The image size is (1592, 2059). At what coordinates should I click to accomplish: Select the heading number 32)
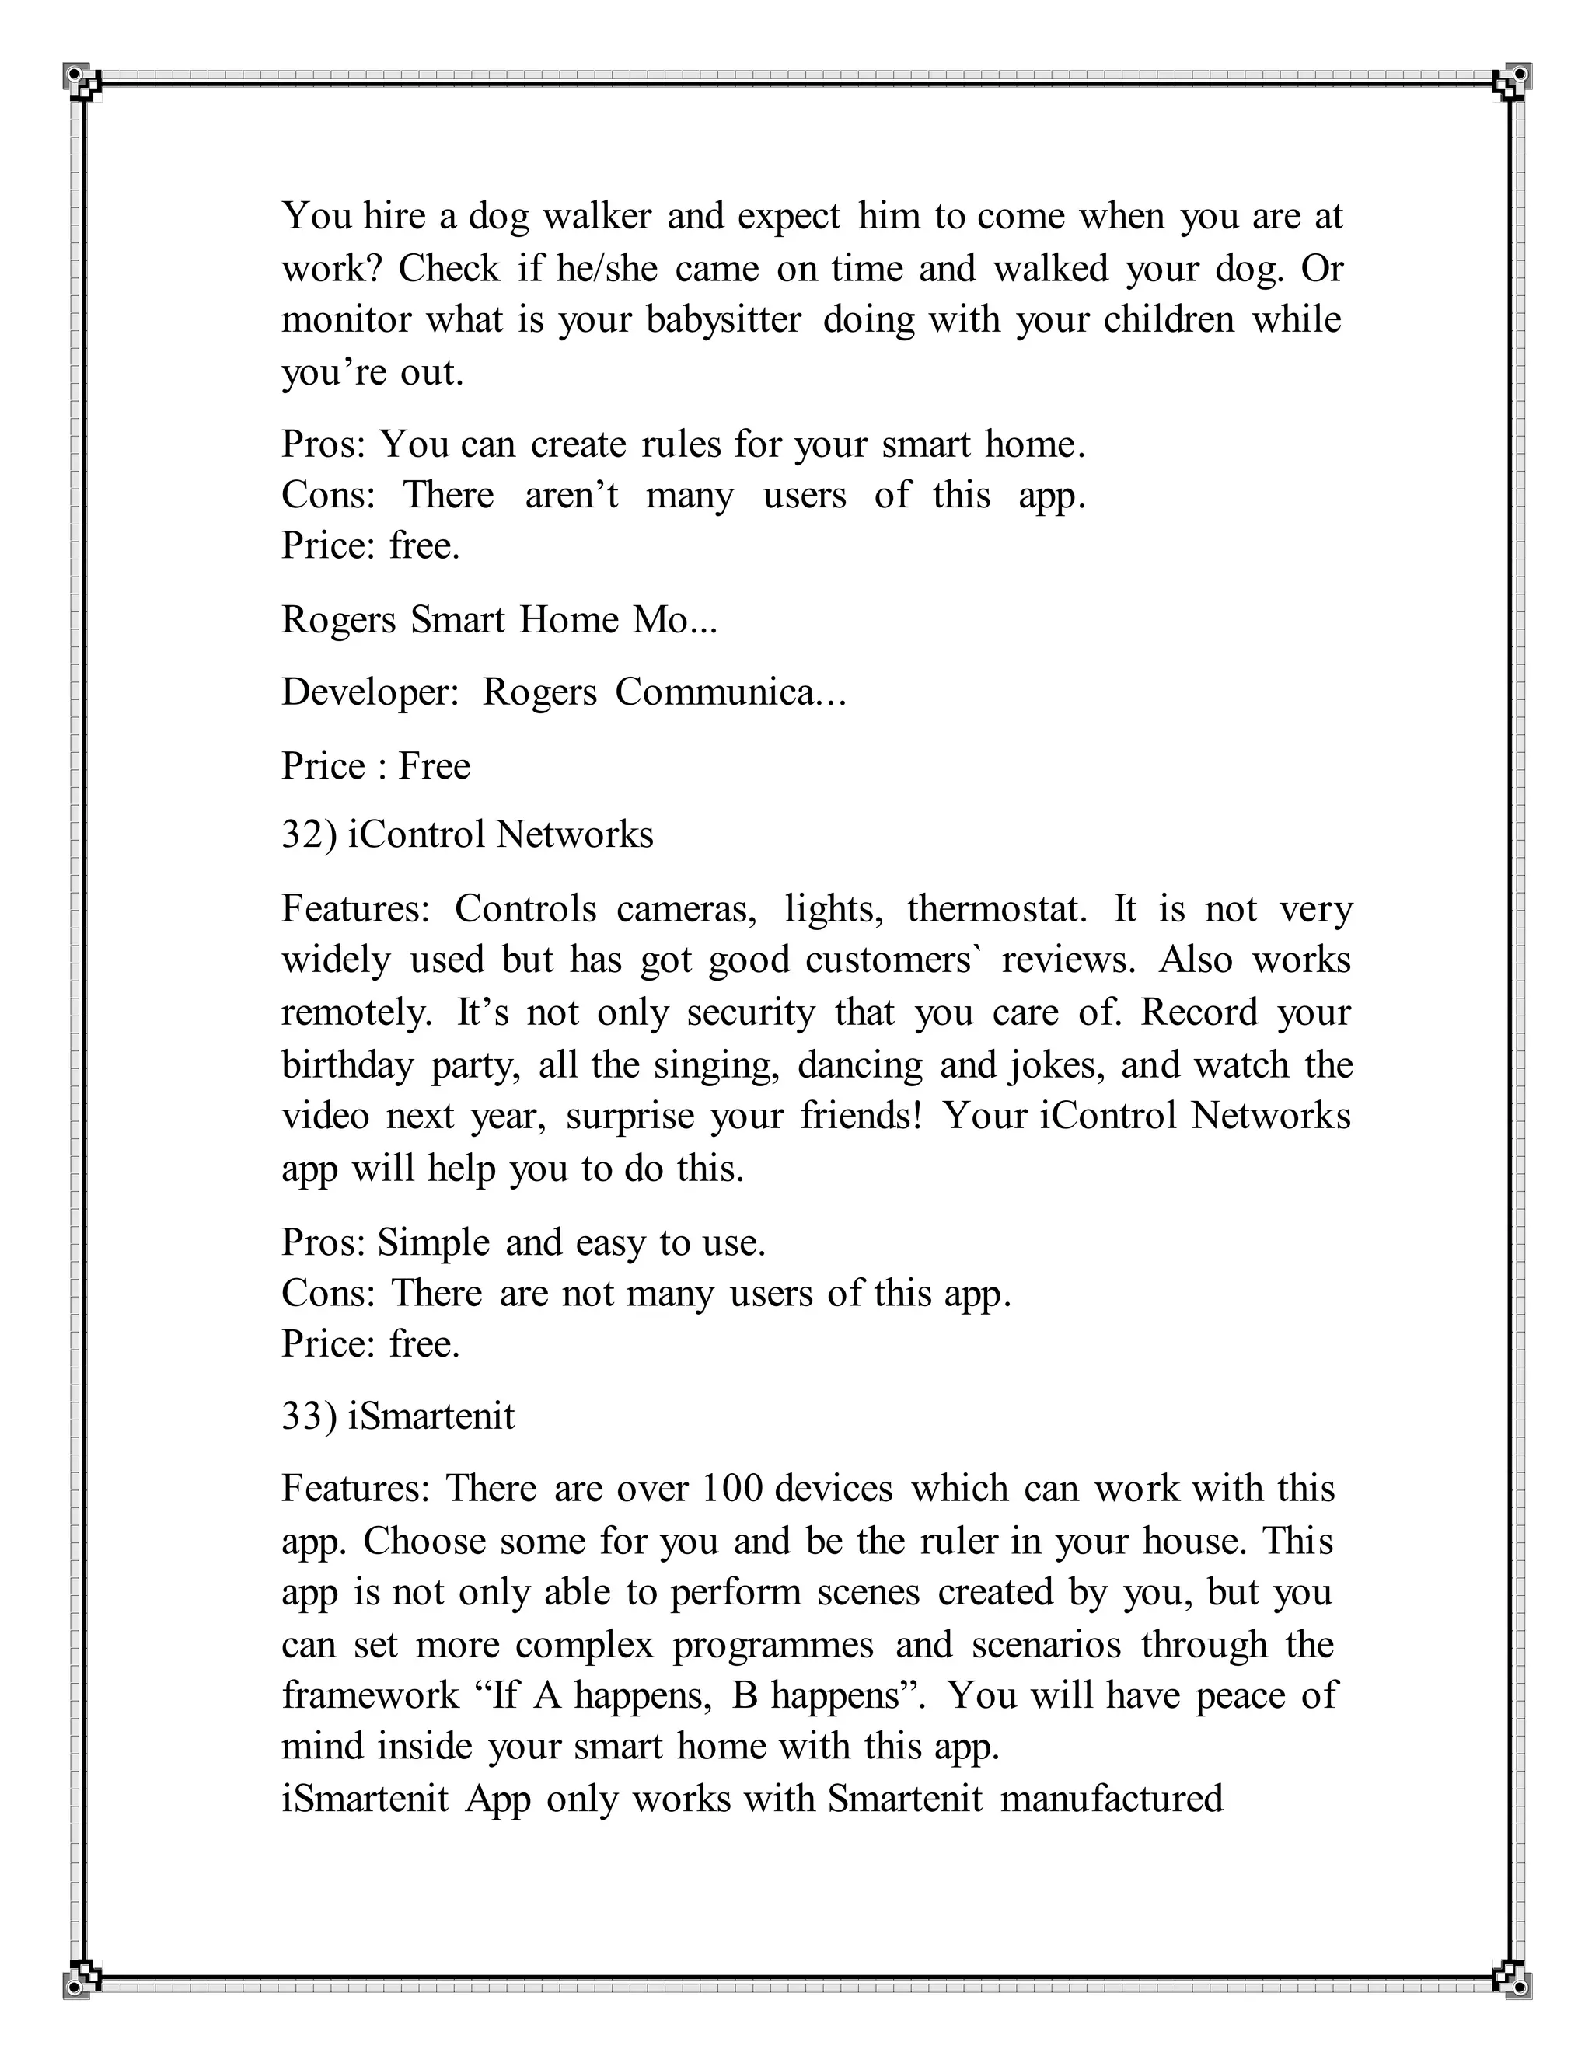coord(309,834)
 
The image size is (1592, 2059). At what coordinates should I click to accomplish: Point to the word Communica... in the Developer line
coord(731,692)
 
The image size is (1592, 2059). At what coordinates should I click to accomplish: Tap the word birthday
coord(347,1064)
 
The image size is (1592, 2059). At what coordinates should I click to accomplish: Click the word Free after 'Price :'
coord(434,765)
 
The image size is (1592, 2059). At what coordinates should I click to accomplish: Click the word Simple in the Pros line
coord(433,1242)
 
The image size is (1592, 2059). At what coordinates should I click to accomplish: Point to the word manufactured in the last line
coord(1111,1798)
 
